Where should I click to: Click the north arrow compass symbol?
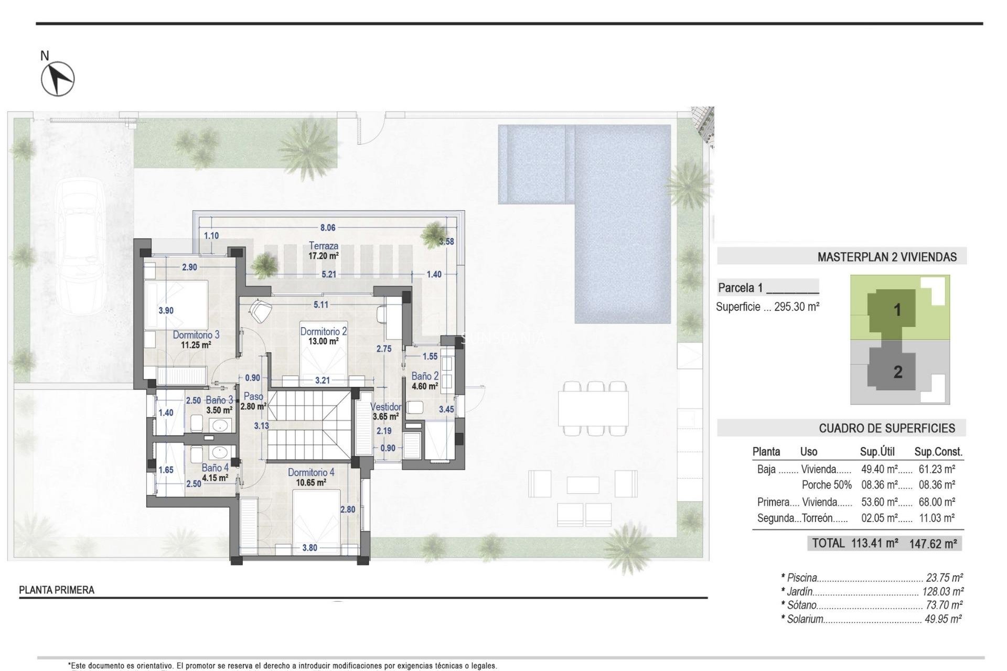coord(58,79)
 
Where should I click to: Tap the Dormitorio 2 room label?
coord(323,332)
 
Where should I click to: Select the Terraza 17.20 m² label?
coord(323,251)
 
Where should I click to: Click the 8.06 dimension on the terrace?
coord(328,228)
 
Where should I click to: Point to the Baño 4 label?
coord(215,468)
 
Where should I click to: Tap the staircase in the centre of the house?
coord(308,425)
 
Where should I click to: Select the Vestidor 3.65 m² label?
coord(386,412)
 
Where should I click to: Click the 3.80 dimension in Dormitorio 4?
coord(309,548)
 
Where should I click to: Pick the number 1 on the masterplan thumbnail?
coord(897,310)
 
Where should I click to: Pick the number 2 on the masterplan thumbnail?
coord(897,372)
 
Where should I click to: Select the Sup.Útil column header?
coord(877,451)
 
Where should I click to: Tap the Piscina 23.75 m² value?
coord(944,578)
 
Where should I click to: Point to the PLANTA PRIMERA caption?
coord(57,590)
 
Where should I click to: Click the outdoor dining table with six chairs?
coord(593,409)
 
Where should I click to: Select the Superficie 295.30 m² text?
coord(767,307)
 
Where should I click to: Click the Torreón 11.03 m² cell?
coord(936,518)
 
